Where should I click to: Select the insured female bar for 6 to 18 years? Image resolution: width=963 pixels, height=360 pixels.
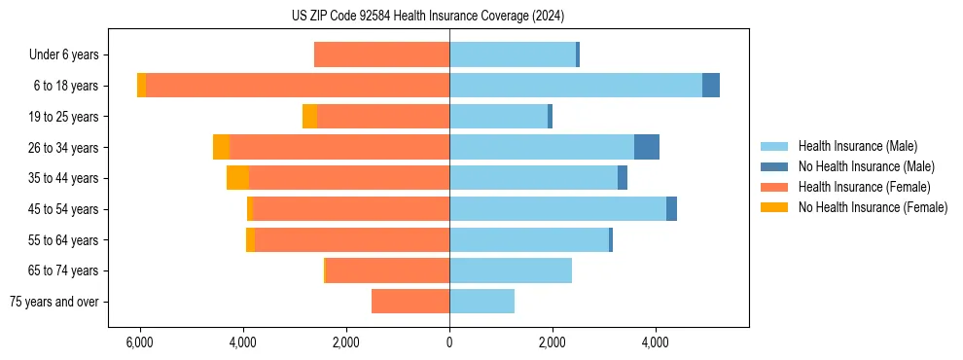(297, 86)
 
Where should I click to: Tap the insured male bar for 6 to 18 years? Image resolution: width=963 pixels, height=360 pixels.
(575, 86)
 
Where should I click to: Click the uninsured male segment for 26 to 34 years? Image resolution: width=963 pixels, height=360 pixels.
(647, 147)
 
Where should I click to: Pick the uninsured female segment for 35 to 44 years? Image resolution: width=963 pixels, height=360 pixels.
(237, 178)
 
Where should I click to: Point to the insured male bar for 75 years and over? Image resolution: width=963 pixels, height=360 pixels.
(481, 302)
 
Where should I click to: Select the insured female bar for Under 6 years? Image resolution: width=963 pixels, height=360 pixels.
(381, 54)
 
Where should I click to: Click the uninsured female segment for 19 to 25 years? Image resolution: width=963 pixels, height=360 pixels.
(309, 117)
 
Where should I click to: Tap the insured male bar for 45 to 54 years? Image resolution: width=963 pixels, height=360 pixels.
(557, 209)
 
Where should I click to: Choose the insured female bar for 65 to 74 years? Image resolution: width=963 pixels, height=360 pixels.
(387, 270)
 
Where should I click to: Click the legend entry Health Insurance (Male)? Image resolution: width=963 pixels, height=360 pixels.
(857, 146)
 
